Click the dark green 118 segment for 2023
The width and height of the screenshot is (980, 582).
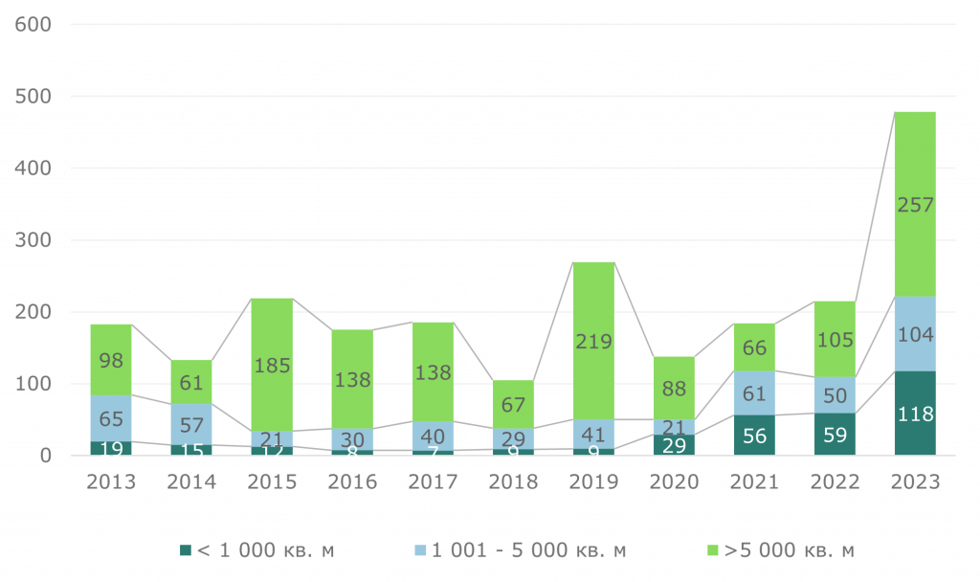tap(915, 414)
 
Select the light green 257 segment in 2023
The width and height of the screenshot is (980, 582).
tap(915, 204)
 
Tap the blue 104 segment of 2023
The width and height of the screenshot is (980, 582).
tap(915, 334)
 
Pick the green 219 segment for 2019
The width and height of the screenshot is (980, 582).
tap(594, 341)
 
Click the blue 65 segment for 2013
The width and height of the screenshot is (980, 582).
tap(111, 418)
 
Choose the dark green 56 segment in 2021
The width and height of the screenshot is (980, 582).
tap(755, 436)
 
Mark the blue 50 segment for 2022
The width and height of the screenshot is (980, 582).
tap(835, 395)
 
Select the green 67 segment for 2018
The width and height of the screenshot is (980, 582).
tap(513, 404)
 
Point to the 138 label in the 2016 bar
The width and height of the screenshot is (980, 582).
tap(352, 380)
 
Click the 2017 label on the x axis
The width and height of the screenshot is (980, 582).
tap(433, 481)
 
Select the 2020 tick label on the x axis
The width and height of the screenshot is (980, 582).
tap(675, 481)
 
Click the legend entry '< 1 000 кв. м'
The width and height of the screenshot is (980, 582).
tap(257, 550)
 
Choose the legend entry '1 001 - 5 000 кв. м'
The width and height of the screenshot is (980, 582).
tap(521, 550)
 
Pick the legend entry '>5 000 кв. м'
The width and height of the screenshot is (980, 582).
tap(779, 550)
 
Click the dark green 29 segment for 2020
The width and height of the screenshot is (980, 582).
tap(675, 445)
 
